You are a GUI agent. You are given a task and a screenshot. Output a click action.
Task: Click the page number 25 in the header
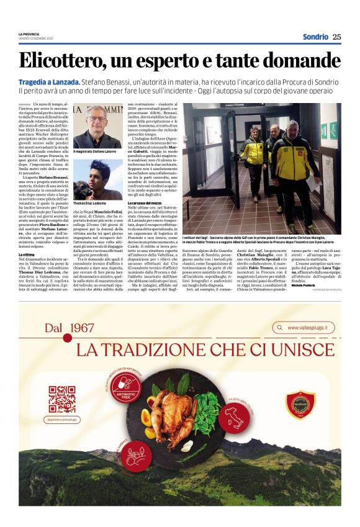336,37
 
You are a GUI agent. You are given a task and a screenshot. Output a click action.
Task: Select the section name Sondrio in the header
315,37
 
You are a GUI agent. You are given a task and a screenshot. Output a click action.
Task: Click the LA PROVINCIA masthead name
29,34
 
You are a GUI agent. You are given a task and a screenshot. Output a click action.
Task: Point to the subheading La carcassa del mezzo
146,204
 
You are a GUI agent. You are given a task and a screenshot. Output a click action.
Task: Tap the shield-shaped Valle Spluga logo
300,405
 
